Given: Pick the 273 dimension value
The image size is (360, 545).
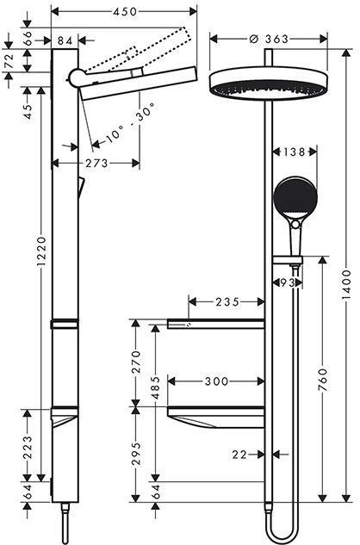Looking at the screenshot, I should (96, 163).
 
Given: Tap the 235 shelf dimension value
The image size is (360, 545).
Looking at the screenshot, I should (227, 302).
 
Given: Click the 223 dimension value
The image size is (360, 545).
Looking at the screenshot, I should (28, 445).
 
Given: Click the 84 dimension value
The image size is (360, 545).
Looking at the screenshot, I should (64, 40).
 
